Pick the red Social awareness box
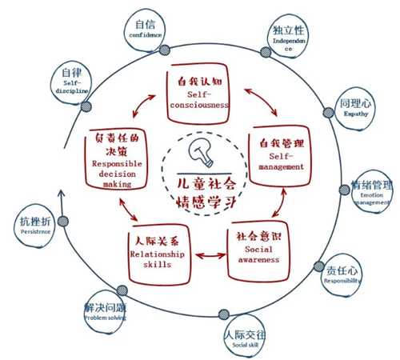pos(257,249)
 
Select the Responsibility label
pos(342,281)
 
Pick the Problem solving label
pos(106,318)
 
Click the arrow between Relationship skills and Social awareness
pos(210,256)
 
